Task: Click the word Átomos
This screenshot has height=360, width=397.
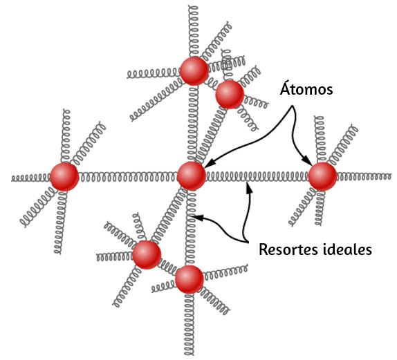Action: pos(306,88)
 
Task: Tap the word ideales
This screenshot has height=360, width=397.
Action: pos(348,249)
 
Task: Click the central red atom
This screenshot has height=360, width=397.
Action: pos(192,176)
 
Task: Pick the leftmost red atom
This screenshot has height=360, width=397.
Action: pos(64,177)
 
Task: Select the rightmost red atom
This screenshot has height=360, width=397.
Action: pos(322,176)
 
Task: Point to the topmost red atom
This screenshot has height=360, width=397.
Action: pos(194,70)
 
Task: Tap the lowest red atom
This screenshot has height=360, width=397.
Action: pos(190,279)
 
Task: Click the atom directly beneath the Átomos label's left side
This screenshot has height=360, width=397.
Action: pos(230,95)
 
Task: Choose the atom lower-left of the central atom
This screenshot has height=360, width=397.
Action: pos(147,254)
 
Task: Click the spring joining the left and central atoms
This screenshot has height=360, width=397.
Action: pos(128,177)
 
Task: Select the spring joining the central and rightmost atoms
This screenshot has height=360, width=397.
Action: pos(257,176)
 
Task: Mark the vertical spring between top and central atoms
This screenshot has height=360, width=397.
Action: pos(193,123)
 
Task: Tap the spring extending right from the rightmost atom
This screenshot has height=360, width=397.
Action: pos(364,176)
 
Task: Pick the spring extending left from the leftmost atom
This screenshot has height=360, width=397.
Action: pos(31,178)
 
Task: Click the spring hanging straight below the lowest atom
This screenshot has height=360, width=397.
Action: pos(189,324)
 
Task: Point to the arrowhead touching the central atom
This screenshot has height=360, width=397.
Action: pos(209,164)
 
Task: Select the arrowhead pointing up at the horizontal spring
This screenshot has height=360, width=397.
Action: pos(249,187)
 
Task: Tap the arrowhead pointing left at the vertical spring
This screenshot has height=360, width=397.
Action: pos(198,217)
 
